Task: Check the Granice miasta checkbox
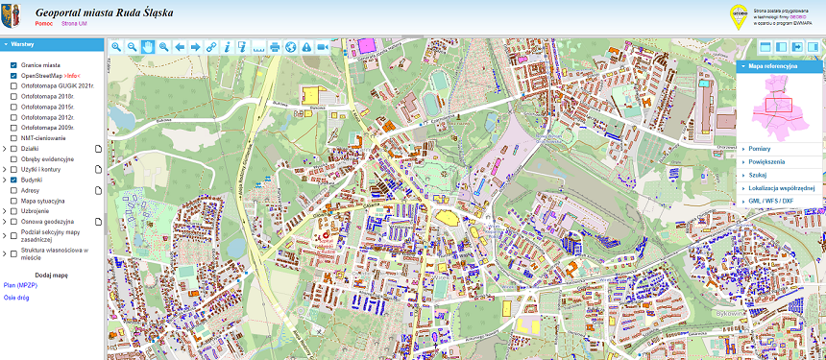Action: pyautogui.click(x=13, y=64)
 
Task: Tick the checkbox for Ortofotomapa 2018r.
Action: pyautogui.click(x=13, y=96)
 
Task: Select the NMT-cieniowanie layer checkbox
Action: pyautogui.click(x=13, y=138)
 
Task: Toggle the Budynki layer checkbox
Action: pyautogui.click(x=13, y=180)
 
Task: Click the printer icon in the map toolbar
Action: pyautogui.click(x=275, y=46)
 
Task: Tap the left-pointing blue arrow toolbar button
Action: pyautogui.click(x=180, y=46)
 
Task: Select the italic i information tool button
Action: pyautogui.click(x=227, y=46)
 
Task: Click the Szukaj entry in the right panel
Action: pyautogui.click(x=760, y=176)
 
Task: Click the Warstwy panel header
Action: pyautogui.click(x=23, y=44)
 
